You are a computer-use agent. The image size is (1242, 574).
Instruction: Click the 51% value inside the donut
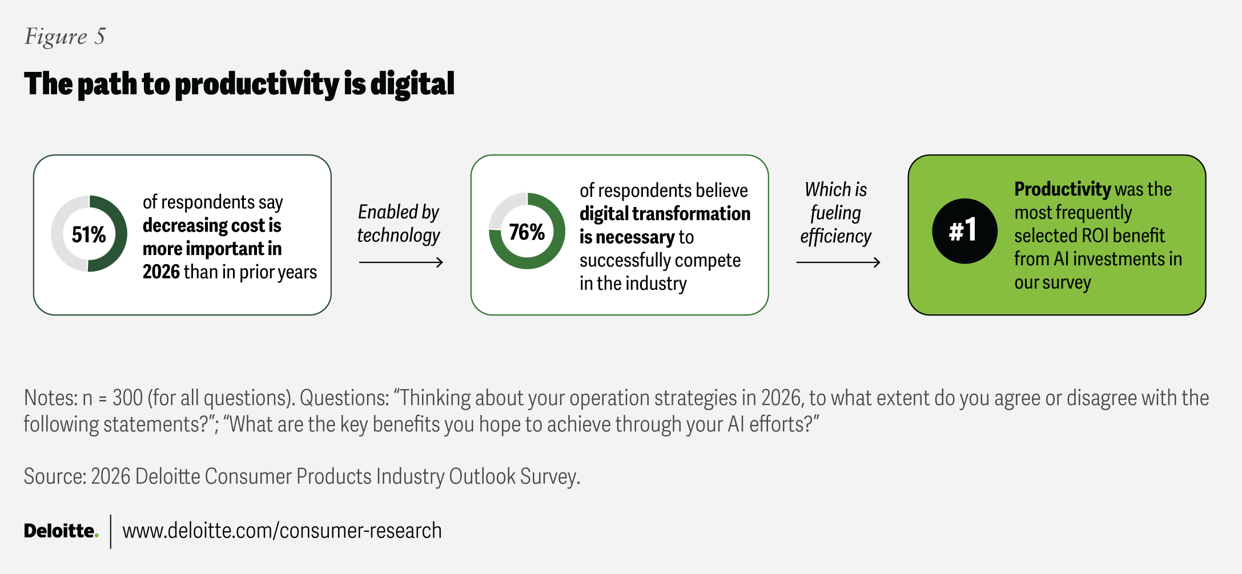(89, 235)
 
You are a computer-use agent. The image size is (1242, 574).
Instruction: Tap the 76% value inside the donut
(526, 232)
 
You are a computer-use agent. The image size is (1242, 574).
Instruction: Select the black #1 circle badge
(964, 231)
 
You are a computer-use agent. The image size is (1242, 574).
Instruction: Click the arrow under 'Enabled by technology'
(401, 262)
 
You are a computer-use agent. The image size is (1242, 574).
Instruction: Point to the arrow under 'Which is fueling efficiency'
(838, 262)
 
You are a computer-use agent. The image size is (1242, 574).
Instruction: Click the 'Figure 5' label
(65, 37)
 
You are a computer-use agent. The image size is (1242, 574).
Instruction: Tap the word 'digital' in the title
(412, 84)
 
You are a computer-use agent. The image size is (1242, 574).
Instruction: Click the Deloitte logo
(61, 531)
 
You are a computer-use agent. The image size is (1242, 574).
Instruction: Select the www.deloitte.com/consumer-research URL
(282, 531)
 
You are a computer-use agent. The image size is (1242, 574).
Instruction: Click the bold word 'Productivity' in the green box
(1062, 189)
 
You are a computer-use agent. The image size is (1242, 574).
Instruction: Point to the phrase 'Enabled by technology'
(399, 224)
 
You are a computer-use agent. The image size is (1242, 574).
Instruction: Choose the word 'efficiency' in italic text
(835, 236)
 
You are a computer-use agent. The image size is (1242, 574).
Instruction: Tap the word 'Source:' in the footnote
(54, 476)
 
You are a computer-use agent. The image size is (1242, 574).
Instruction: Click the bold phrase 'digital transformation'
(665, 214)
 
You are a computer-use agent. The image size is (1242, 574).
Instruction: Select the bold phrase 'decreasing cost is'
(212, 226)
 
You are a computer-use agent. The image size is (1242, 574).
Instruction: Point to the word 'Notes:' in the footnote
(50, 398)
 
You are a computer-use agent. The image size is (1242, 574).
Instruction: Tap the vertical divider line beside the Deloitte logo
(111, 531)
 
